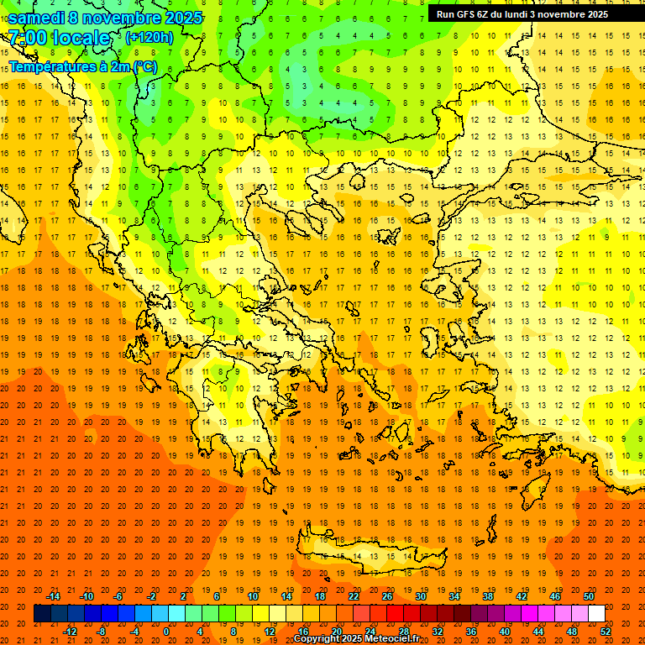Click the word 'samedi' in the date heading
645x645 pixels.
[37, 18]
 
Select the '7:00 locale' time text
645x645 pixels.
[59, 38]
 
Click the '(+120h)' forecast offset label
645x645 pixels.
[149, 38]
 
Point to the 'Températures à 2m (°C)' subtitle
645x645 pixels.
[82, 66]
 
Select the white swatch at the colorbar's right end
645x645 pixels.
[596, 614]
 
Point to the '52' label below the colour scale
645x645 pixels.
[606, 631]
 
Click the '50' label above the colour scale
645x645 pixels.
[589, 596]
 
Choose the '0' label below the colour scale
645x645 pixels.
[166, 631]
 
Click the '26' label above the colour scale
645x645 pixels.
[387, 596]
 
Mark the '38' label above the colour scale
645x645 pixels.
[488, 596]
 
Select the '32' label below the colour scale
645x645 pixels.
[438, 631]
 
